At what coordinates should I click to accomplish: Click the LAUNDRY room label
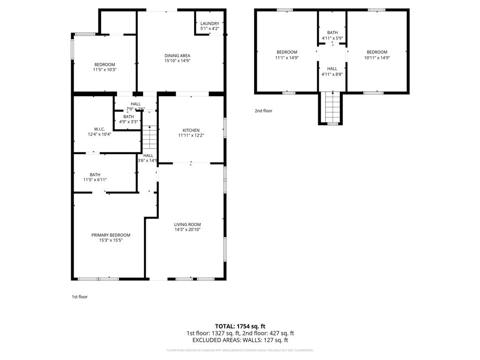pyautogui.click(x=210, y=23)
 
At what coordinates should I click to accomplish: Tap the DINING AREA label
pyautogui.click(x=177, y=55)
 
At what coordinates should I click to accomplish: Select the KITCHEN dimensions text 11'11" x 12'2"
pyautogui.click(x=191, y=135)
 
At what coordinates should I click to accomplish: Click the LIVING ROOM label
pyautogui.click(x=187, y=225)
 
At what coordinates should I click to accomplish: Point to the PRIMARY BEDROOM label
pyautogui.click(x=111, y=235)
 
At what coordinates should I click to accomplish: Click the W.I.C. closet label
pyautogui.click(x=99, y=129)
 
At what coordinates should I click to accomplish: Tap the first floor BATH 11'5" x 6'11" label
pyautogui.click(x=95, y=174)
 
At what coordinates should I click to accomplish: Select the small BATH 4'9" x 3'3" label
pyautogui.click(x=128, y=117)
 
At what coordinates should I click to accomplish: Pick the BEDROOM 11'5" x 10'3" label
pyautogui.click(x=105, y=65)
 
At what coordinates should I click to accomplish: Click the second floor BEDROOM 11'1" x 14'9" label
pyautogui.click(x=286, y=52)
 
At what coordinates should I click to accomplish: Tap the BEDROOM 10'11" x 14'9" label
pyautogui.click(x=377, y=52)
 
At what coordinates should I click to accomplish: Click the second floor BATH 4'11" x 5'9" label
pyautogui.click(x=332, y=32)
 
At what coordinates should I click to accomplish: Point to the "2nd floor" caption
pyautogui.click(x=263, y=111)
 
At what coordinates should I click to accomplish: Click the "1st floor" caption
pyautogui.click(x=79, y=297)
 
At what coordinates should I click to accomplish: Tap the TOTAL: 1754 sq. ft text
pyautogui.click(x=240, y=326)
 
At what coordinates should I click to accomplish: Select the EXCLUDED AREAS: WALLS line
pyautogui.click(x=240, y=340)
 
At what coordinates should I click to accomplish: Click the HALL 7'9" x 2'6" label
pyautogui.click(x=135, y=104)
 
